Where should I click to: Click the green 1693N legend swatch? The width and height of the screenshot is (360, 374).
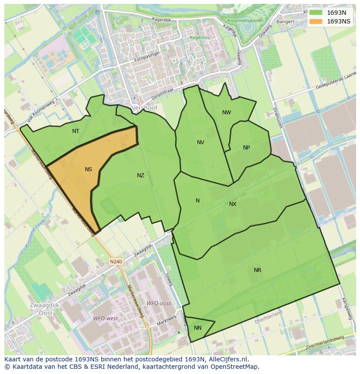click(316, 13)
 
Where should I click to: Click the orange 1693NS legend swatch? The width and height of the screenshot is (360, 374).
click(316, 21)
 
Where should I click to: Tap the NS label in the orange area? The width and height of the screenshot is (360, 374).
click(88, 169)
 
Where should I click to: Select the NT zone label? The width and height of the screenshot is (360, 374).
click(76, 131)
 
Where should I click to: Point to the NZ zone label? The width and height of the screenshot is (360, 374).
click(140, 175)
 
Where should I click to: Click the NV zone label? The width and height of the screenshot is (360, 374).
click(200, 142)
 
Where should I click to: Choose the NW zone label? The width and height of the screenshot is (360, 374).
click(227, 113)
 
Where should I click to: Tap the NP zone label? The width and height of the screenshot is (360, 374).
click(247, 148)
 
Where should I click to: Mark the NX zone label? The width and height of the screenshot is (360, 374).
click(233, 204)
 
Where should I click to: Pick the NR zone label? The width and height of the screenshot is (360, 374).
click(257, 270)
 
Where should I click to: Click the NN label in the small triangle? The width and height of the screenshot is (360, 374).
click(198, 328)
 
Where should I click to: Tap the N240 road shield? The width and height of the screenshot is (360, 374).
click(116, 261)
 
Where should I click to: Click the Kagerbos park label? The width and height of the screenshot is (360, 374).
click(200, 37)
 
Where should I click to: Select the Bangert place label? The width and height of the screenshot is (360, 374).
click(285, 21)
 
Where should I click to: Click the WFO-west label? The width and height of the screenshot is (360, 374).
click(105, 318)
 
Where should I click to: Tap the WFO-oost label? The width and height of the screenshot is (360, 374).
click(158, 303)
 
